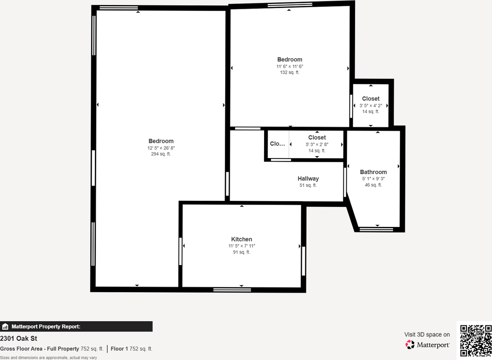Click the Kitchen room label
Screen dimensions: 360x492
(241, 239)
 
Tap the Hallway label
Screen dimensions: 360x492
(308, 178)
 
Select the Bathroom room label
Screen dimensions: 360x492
(373, 172)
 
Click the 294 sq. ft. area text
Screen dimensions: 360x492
(161, 154)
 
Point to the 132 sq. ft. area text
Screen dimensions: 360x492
(289, 72)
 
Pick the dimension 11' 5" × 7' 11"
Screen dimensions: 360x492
(241, 246)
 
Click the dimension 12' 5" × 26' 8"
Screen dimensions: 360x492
(161, 148)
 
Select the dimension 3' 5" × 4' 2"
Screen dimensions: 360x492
(371, 105)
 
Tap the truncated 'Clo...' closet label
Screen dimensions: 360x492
(277, 143)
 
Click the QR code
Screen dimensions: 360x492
(475, 340)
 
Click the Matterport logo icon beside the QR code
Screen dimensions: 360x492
(410, 345)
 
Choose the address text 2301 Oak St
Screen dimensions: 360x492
(18, 338)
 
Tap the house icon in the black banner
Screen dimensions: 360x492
(5, 327)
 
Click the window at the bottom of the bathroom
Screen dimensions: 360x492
(376, 230)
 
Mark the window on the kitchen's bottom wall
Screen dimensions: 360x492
(232, 290)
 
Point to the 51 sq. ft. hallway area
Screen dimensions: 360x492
(308, 185)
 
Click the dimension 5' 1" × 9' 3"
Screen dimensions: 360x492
(373, 178)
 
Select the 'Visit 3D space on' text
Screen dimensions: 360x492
(427, 335)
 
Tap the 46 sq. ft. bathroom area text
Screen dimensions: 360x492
(373, 185)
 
